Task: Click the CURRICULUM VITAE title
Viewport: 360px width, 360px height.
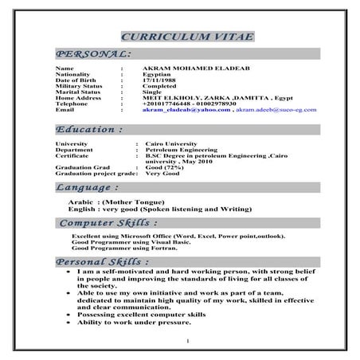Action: (x=181, y=37)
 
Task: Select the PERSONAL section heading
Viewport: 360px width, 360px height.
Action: (x=93, y=53)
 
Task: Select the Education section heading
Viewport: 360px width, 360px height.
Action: (x=89, y=128)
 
